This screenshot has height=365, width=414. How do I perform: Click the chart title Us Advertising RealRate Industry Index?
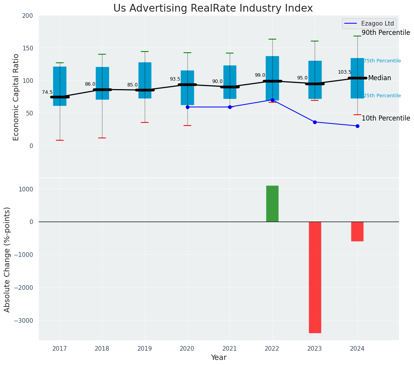pos(213,9)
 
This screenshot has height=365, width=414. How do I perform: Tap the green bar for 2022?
pos(272,204)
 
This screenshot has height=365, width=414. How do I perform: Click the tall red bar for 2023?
pos(315,277)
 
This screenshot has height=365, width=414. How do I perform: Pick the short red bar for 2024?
pos(357,231)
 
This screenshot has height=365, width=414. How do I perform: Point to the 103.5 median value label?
pos(344,72)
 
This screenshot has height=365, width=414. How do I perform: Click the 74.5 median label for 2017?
pos(47,92)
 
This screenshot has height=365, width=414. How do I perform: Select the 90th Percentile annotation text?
pos(386,33)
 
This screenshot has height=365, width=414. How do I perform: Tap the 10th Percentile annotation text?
pos(386,119)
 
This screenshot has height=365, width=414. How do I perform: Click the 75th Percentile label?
pos(382,61)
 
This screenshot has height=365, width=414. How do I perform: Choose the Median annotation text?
pos(379,78)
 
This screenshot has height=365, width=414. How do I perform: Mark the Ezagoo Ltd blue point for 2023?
pos(315,122)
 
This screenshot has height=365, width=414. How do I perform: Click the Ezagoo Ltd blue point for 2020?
pos(187,107)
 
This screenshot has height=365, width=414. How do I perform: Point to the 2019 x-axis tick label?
pos(145,349)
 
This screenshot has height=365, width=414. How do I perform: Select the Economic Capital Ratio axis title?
pos(16,97)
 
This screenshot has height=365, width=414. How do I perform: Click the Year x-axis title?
pos(219,358)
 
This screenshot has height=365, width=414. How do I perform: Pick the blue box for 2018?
pos(102,83)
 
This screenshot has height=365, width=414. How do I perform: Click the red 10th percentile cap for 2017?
pos(60,140)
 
